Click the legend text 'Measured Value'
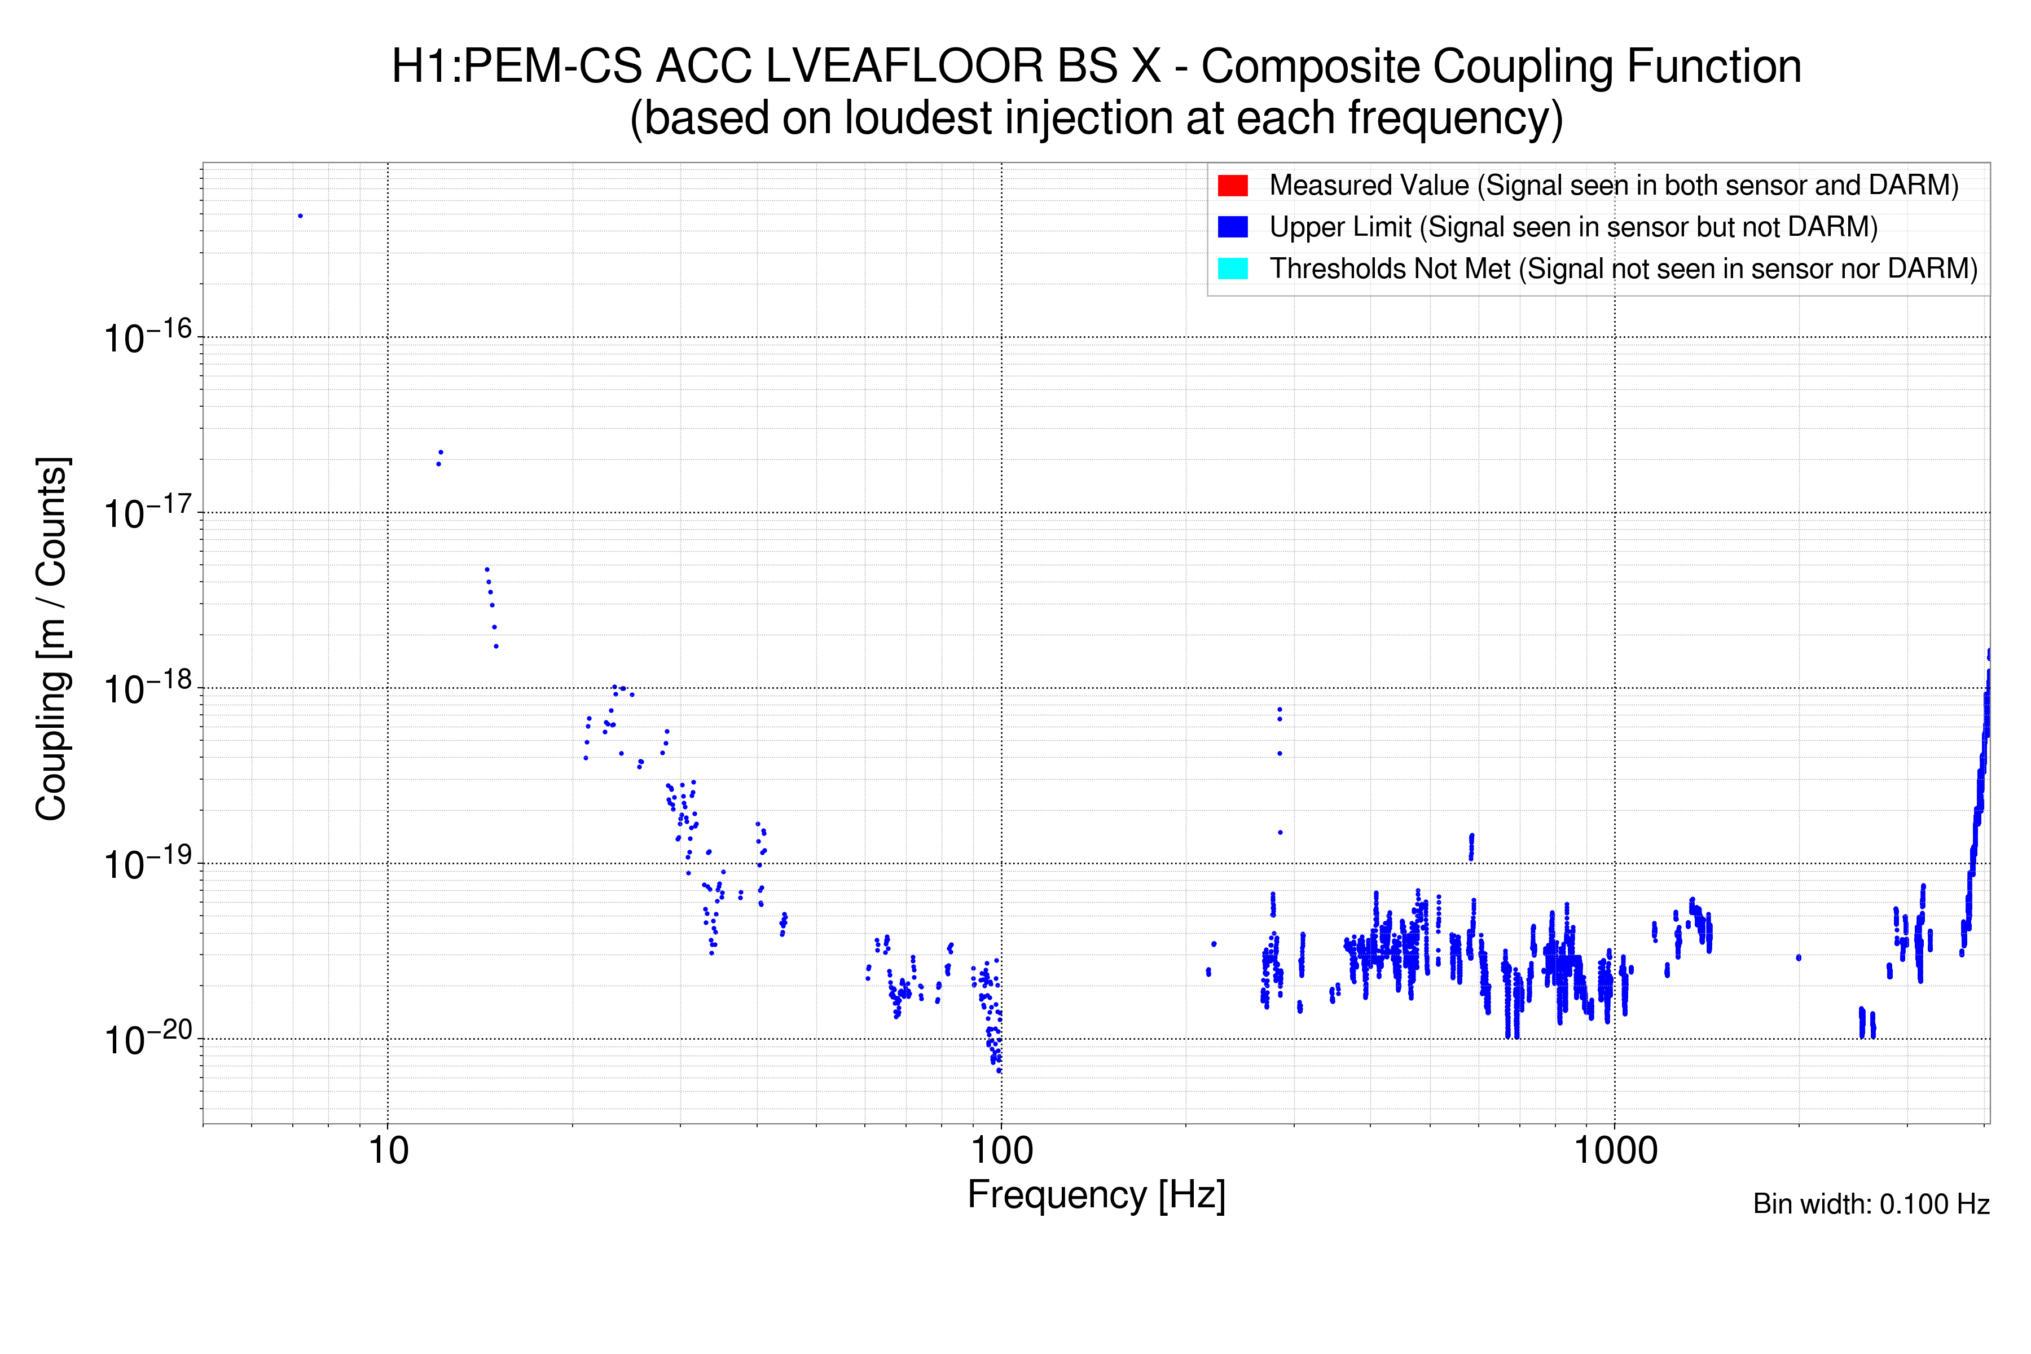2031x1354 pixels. [x=1369, y=186]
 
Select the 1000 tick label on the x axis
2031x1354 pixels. [x=1615, y=1151]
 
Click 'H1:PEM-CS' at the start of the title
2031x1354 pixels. [x=516, y=67]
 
